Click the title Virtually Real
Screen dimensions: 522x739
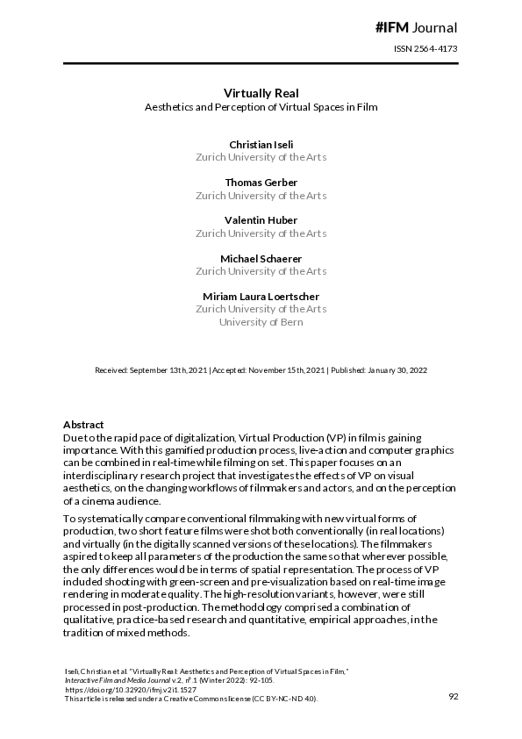[x=261, y=92]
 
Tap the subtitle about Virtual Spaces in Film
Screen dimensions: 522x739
[x=261, y=108]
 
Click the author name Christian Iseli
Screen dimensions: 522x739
[x=261, y=143]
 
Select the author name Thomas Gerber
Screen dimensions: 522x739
[x=261, y=182]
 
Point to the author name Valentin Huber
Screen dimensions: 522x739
[x=261, y=220]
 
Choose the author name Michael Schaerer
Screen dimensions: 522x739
[x=261, y=258]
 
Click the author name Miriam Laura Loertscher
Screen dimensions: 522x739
[x=261, y=296]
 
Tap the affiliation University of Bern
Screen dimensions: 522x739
[x=261, y=322]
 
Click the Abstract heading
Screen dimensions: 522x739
[x=83, y=424]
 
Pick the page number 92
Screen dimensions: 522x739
[x=454, y=696]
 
